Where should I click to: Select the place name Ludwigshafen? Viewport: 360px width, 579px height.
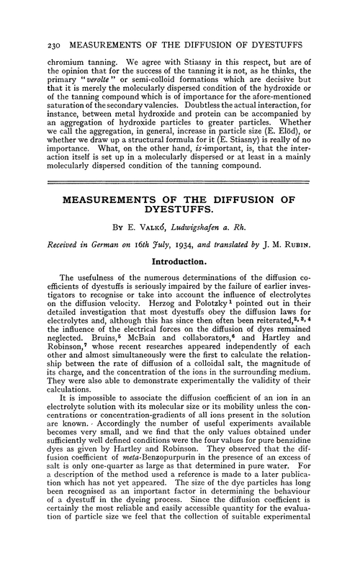[207, 228]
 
